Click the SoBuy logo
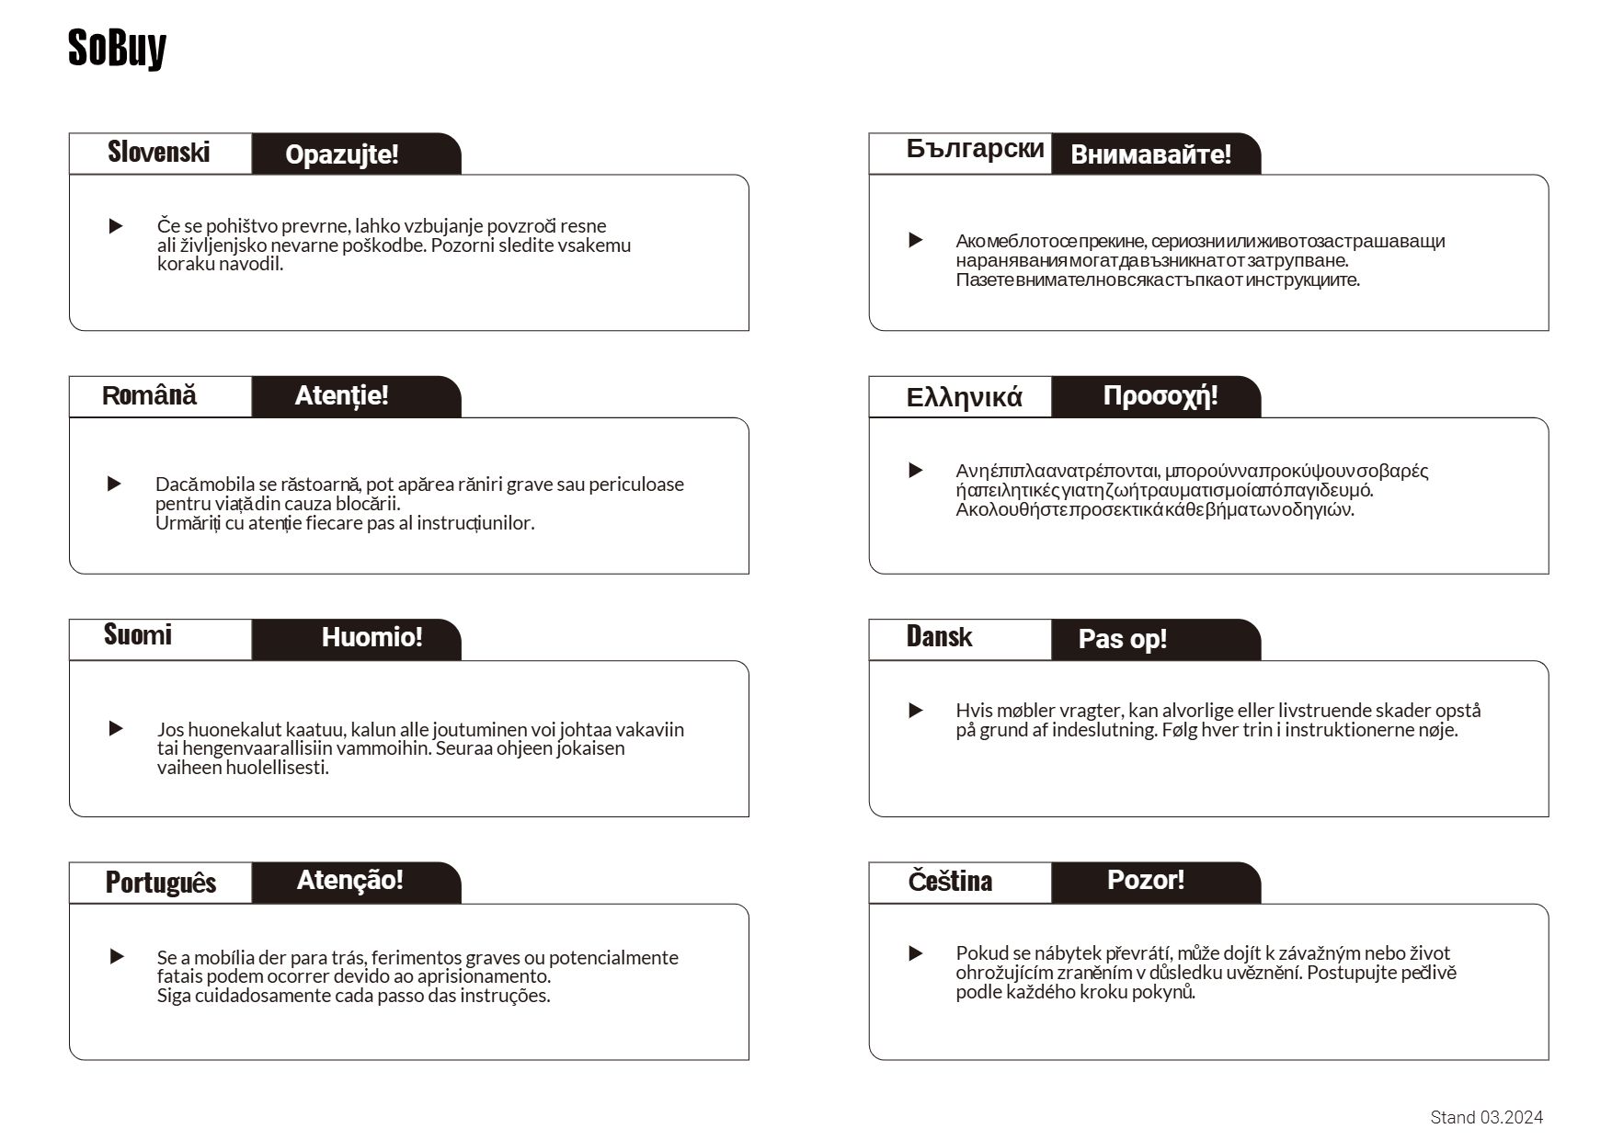click(117, 48)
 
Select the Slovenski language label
click(158, 152)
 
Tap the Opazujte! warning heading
click(341, 154)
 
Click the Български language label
click(975, 149)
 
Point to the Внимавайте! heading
click(1150, 154)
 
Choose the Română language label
click(149, 396)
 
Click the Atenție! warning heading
click(341, 396)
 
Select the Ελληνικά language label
click(964, 397)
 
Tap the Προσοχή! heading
click(1160, 396)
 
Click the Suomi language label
click(137, 635)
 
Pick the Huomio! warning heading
click(372, 637)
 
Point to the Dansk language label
click(939, 637)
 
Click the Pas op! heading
click(1122, 639)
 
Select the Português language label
click(160, 883)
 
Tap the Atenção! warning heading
click(349, 880)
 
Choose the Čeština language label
click(950, 881)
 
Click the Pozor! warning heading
click(1145, 880)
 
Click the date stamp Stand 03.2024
click(1486, 1117)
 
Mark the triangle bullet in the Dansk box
click(916, 711)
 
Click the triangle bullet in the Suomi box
click(116, 729)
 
